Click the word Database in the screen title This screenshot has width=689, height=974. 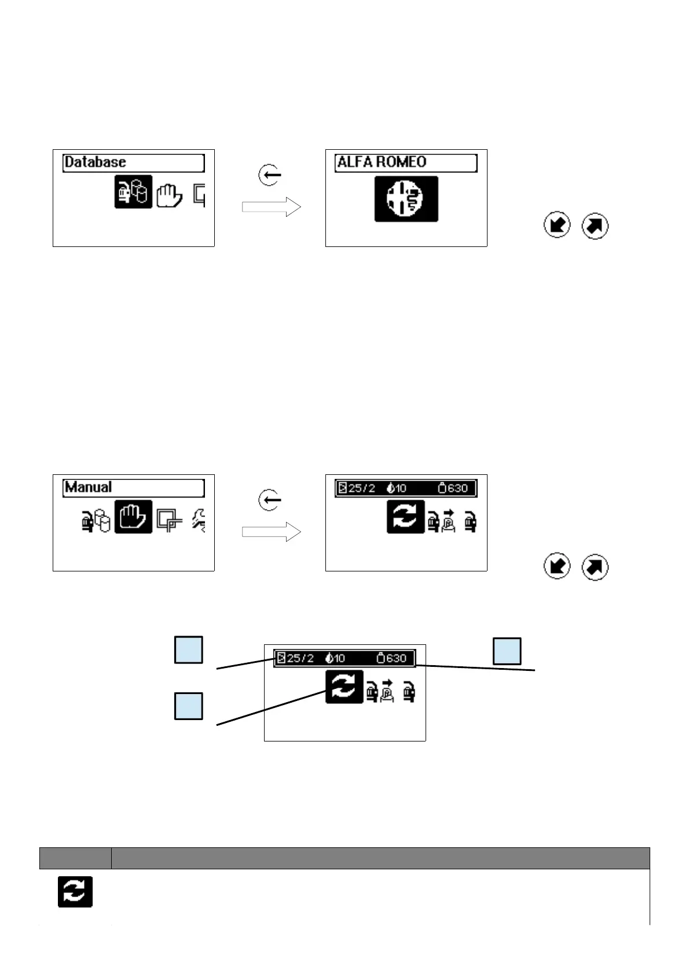[x=95, y=163]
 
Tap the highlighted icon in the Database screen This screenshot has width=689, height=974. [x=133, y=191]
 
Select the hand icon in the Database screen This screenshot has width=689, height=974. [x=169, y=194]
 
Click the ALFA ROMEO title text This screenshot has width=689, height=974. [x=382, y=163]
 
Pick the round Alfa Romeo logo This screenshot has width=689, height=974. [x=406, y=198]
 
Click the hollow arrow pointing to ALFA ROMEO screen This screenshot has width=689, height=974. [x=271, y=207]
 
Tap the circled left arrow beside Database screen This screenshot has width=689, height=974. [x=270, y=175]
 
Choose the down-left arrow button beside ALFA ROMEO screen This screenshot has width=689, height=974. [x=557, y=226]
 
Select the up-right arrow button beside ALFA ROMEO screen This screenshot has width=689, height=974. [x=595, y=226]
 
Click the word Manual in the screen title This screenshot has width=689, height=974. [x=88, y=488]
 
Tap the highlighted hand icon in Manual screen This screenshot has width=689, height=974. [x=133, y=516]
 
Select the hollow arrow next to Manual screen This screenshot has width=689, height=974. [x=271, y=532]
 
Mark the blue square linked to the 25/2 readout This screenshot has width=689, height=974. [x=189, y=650]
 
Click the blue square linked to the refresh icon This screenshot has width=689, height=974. [x=189, y=706]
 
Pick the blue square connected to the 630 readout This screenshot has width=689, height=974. [x=507, y=651]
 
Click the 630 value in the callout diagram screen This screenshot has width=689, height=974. [x=396, y=658]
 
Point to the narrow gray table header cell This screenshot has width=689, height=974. [x=75, y=858]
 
